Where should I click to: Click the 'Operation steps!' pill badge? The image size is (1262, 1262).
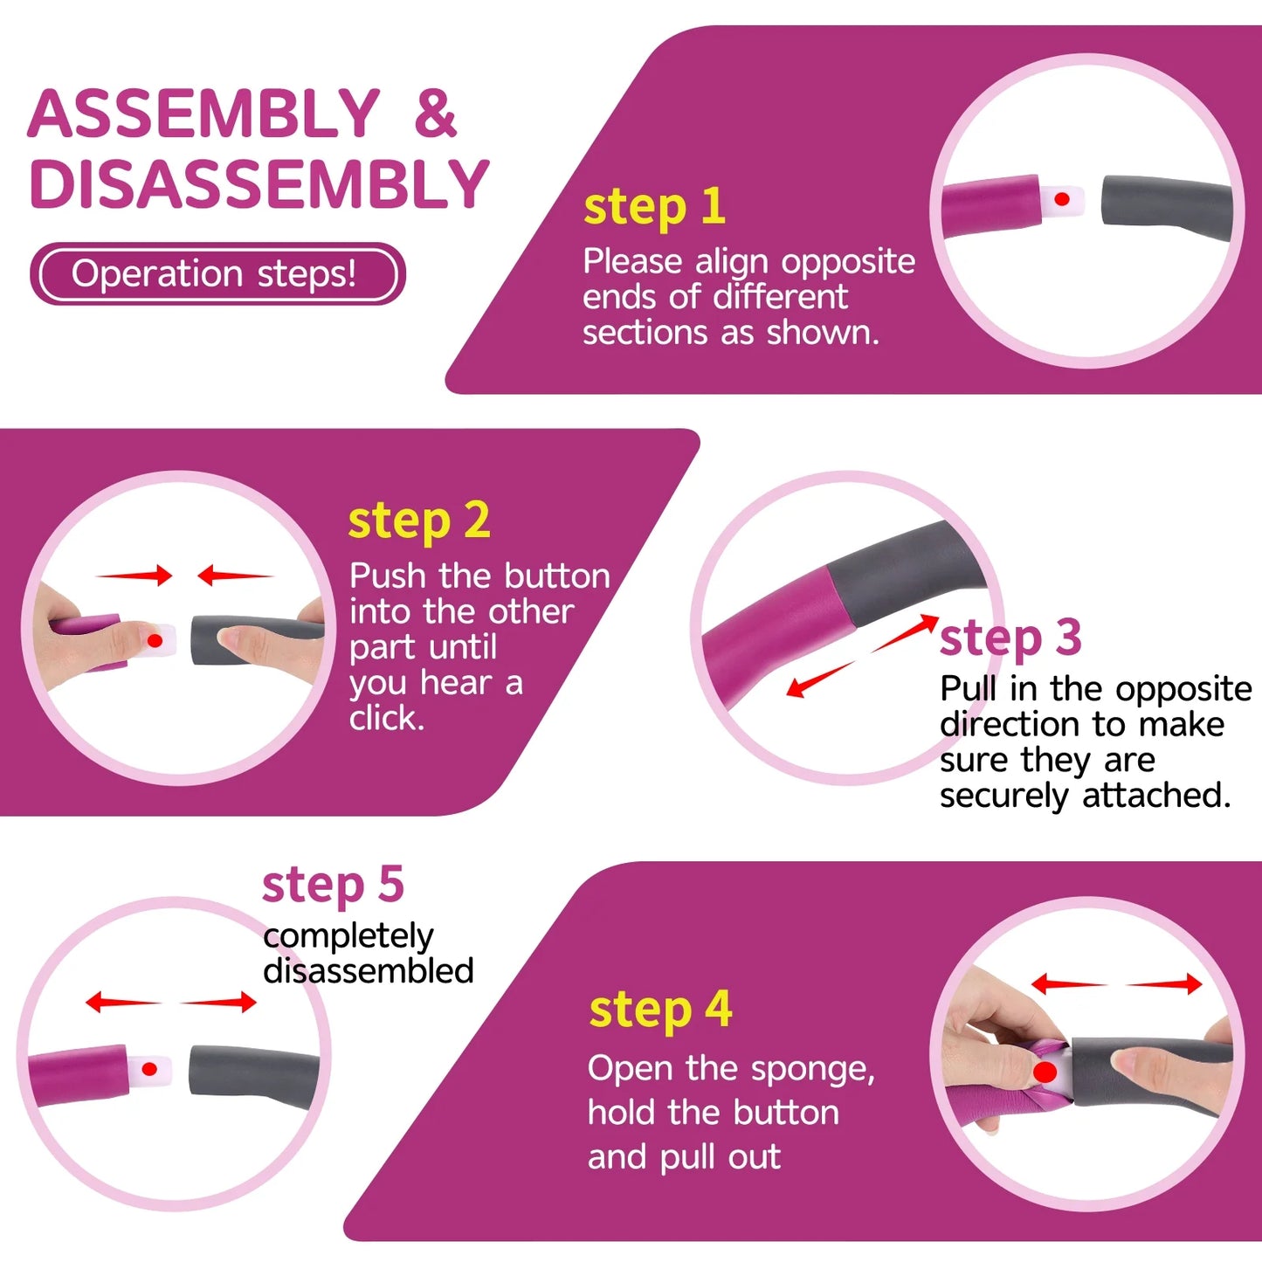217,273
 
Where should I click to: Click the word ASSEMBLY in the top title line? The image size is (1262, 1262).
203,114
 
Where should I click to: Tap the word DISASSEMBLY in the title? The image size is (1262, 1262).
259,183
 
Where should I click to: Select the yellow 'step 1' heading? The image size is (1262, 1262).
654,208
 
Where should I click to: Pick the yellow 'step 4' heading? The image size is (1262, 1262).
660,1010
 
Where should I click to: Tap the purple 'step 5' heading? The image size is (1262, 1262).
333,885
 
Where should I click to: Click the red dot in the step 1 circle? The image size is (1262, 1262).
1062,199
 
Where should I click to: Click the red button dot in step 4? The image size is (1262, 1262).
1045,1072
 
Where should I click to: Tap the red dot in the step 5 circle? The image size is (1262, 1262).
149,1070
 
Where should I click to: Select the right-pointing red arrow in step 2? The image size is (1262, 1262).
134,576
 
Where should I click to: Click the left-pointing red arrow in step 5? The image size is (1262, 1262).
124,1002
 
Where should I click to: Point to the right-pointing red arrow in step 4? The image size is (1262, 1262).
1164,983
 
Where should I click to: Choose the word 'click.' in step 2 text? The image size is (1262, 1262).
387,719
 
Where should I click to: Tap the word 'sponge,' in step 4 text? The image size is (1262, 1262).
813,1070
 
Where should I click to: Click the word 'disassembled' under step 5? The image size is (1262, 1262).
368,970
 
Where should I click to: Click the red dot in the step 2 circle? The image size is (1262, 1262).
155,640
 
